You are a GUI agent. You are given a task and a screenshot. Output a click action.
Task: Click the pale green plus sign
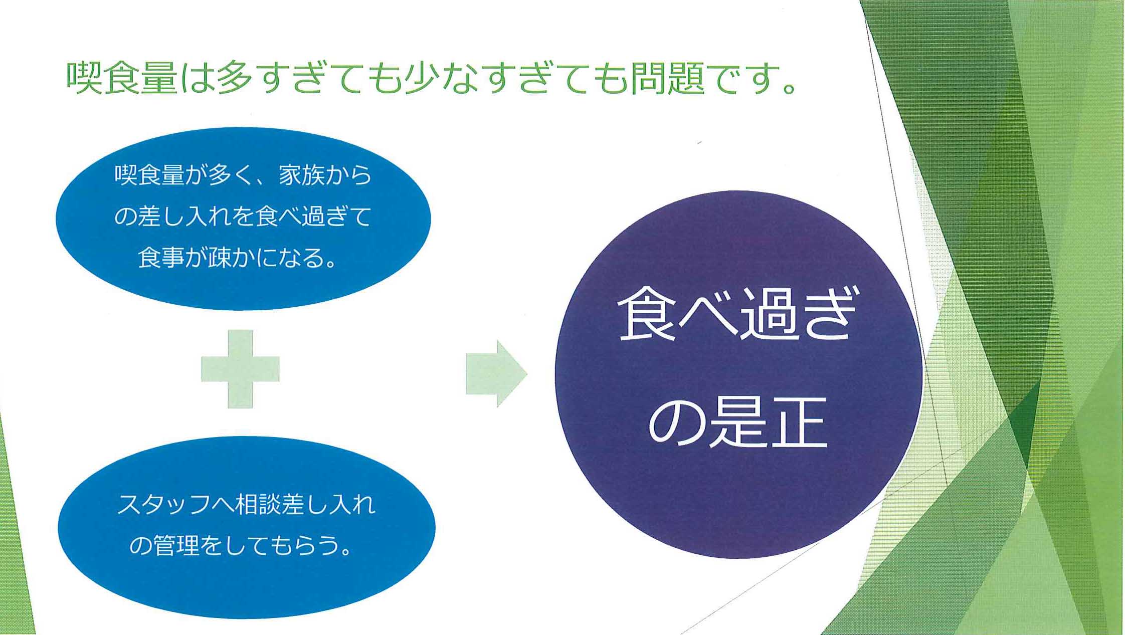(240, 369)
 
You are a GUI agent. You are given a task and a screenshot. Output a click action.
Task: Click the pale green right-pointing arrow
(496, 374)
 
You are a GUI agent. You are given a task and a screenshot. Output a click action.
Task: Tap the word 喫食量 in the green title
(122, 78)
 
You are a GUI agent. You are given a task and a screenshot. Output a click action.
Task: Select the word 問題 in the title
(667, 78)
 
